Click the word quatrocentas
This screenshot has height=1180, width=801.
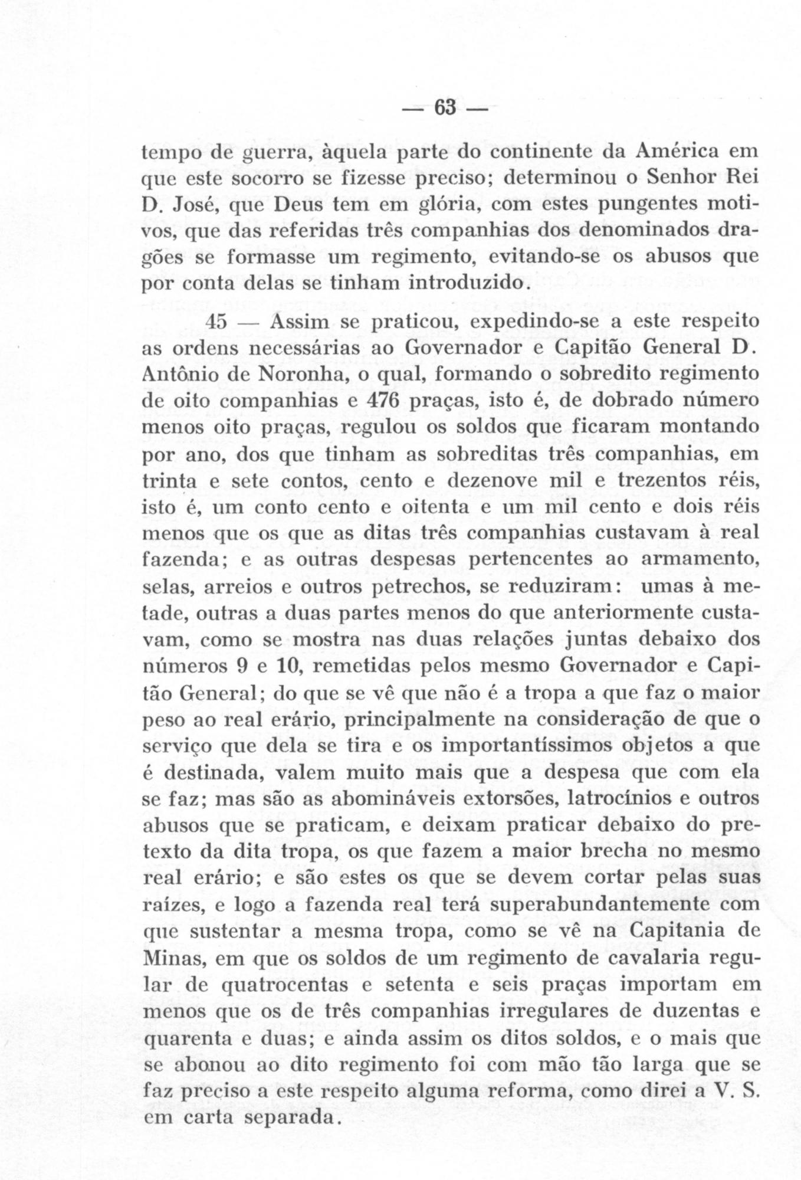click(287, 984)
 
